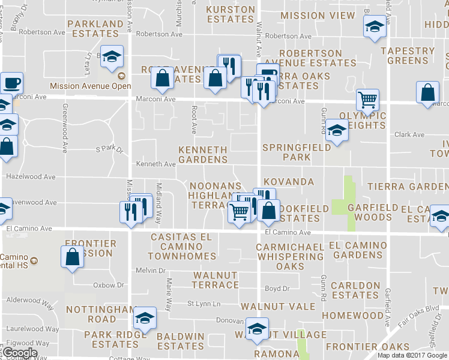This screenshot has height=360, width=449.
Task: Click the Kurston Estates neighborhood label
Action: [231, 14]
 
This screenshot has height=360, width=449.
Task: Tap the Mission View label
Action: [318, 16]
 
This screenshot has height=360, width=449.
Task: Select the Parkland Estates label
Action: [95, 28]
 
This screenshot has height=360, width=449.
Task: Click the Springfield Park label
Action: [296, 152]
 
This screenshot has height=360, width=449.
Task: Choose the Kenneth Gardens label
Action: [203, 154]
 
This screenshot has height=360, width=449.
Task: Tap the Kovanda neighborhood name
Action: [288, 181]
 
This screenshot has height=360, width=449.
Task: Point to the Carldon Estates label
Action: [355, 290]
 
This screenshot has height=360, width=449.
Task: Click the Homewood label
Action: [352, 315]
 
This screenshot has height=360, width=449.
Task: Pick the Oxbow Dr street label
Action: [108, 284]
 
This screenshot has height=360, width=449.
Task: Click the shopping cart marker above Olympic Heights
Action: [367, 99]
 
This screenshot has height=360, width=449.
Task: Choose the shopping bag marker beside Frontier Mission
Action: [72, 256]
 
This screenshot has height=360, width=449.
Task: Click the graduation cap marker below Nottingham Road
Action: [144, 317]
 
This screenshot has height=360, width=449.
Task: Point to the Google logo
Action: [19, 353]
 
